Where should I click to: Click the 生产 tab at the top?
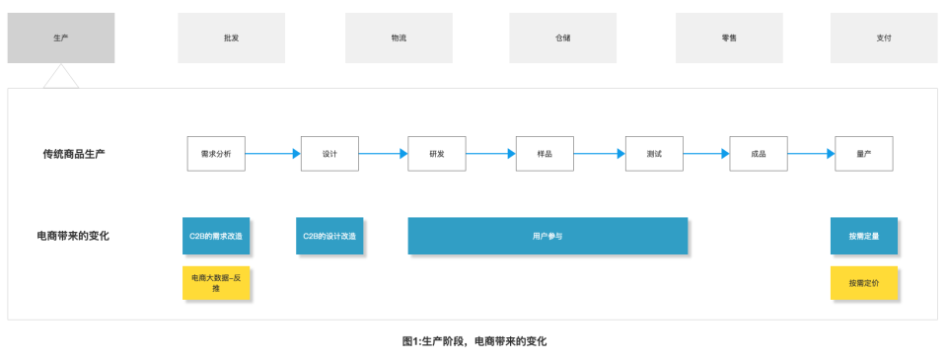tap(61, 37)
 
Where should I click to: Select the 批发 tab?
tap(231, 37)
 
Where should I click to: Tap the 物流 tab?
tap(399, 37)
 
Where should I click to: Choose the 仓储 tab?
tap(562, 37)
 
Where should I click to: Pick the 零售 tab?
tap(729, 37)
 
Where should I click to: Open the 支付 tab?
tap(883, 37)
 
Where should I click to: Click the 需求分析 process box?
tap(216, 154)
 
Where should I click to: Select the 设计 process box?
tap(329, 154)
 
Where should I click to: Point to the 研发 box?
tap(437, 154)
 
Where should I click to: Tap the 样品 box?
tap(545, 154)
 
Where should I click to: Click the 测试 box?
tap(654, 154)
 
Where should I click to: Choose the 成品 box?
tap(759, 154)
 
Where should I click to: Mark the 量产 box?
tap(864, 154)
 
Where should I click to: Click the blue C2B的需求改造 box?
tap(216, 237)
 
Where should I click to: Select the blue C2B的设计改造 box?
tap(329, 237)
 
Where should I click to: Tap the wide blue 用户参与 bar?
tap(547, 237)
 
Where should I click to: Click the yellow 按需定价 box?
tap(864, 283)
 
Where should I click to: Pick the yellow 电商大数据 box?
tap(216, 283)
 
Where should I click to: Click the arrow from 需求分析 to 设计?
tap(272, 154)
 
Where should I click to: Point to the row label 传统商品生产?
tap(74, 154)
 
